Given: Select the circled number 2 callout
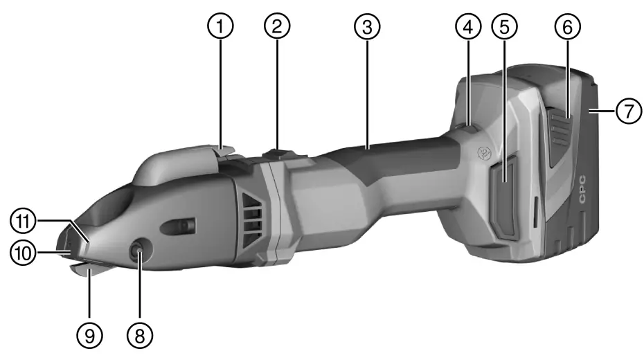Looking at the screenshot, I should coord(277,27).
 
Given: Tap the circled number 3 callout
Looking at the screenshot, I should coord(367,27).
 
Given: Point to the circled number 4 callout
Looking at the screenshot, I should coord(468,27).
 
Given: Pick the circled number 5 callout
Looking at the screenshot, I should coord(504,27).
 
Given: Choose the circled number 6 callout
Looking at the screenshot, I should coord(567,27).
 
